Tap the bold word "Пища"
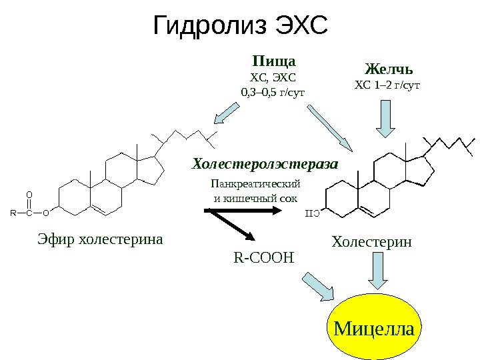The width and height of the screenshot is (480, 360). tap(273, 61)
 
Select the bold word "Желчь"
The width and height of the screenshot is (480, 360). tap(389, 69)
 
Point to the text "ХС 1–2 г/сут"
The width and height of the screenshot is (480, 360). tap(387, 85)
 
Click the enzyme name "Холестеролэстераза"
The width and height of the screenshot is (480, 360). tap(265, 163)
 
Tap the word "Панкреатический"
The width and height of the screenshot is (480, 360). tap(255, 183)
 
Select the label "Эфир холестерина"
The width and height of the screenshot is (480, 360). tap(100, 238)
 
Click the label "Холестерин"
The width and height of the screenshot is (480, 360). tap(372, 243)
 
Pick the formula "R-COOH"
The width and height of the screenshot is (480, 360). tap(264, 256)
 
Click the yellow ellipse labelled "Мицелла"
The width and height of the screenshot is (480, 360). tap(374, 328)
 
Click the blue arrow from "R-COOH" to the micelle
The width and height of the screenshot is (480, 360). tap(319, 287)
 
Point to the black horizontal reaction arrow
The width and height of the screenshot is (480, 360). tap(243, 211)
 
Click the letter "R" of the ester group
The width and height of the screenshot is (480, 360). tap(13, 214)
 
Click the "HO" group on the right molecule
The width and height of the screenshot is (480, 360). tap(312, 213)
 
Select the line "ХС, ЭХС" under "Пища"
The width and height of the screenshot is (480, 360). tap(272, 77)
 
